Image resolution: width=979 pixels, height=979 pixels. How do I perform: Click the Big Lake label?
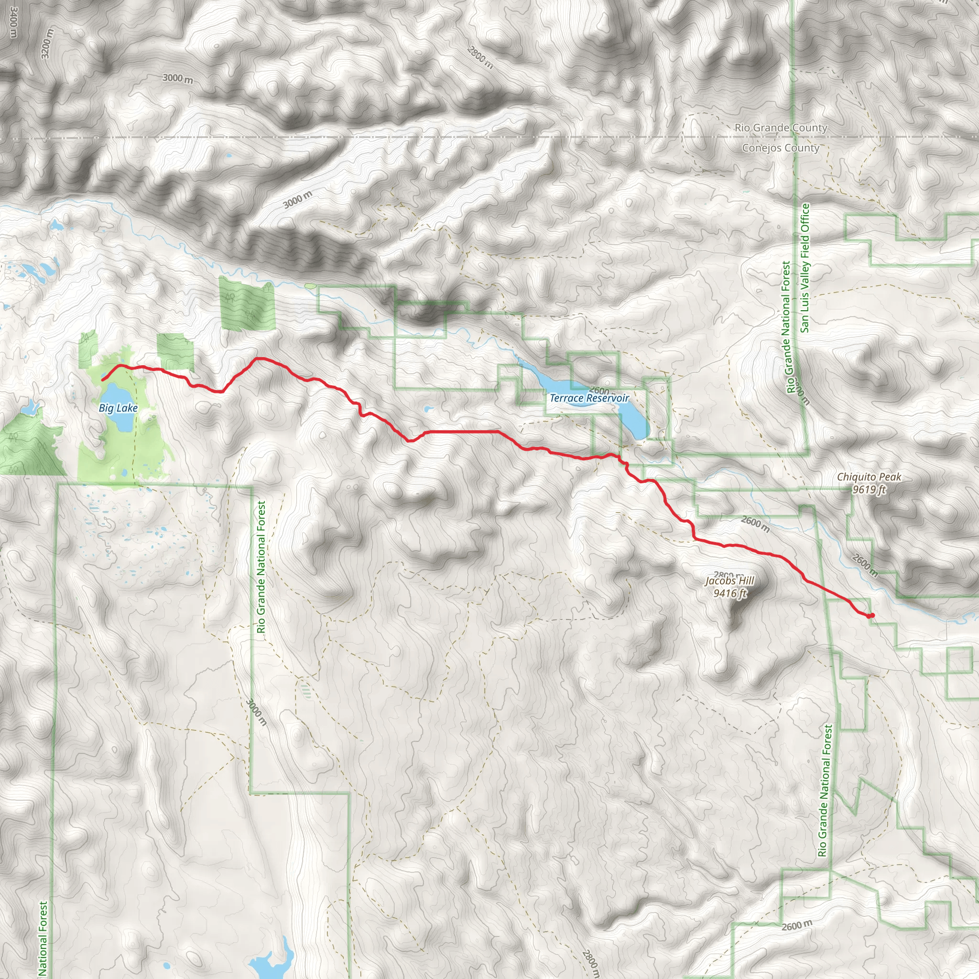point(118,408)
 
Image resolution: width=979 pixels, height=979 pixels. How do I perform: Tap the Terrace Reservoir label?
point(589,398)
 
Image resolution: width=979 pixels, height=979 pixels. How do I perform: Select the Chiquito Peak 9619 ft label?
point(869,483)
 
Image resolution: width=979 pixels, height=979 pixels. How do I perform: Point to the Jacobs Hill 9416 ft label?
point(729,587)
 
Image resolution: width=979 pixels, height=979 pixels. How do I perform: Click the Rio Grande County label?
point(781,128)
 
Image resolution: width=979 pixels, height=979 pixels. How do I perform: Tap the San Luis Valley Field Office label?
point(805,268)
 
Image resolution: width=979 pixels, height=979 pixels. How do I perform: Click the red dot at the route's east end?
point(871,616)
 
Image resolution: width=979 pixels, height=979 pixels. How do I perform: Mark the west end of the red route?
point(103,380)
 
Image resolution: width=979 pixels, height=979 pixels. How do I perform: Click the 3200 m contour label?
point(47,44)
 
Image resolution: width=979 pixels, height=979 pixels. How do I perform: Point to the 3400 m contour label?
point(13,23)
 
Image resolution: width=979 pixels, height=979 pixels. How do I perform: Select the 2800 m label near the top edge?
point(480,57)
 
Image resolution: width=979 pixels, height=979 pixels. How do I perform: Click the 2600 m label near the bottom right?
point(796,925)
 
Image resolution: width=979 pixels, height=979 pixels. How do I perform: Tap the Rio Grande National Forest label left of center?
point(261,567)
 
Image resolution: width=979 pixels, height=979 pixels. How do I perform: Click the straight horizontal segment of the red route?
point(461,432)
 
